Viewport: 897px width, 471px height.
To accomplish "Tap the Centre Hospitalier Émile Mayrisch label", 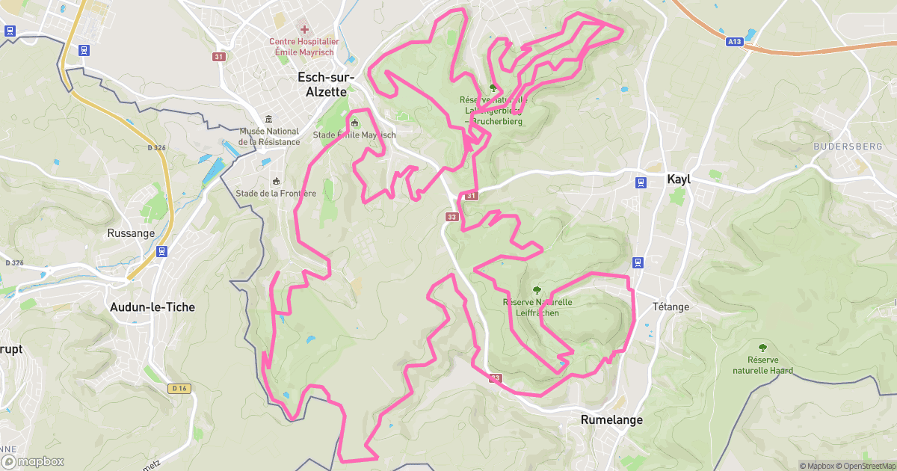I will click(304, 47).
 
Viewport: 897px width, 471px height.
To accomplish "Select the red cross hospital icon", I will click(304, 29).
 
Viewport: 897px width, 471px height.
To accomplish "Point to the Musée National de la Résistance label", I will click(269, 137).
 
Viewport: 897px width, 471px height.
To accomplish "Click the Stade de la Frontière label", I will click(276, 193).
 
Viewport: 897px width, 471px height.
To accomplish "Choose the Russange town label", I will click(131, 233).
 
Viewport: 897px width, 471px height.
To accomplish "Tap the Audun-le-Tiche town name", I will click(152, 307).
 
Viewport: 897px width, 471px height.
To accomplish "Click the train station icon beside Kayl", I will click(641, 182).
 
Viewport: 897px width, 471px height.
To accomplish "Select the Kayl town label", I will click(679, 179).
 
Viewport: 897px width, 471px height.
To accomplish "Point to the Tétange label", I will click(671, 307).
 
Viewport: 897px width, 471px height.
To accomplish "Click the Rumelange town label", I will click(611, 419).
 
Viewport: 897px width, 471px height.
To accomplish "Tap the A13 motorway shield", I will click(735, 43).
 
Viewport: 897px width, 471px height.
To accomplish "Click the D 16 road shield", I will click(179, 388).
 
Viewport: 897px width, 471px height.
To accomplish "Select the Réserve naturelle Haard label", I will click(762, 366).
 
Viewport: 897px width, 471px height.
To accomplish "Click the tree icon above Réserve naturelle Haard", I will click(762, 348).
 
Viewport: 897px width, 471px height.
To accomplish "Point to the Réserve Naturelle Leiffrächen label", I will click(537, 307).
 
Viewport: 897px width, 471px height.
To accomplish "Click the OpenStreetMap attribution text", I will click(865, 466).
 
